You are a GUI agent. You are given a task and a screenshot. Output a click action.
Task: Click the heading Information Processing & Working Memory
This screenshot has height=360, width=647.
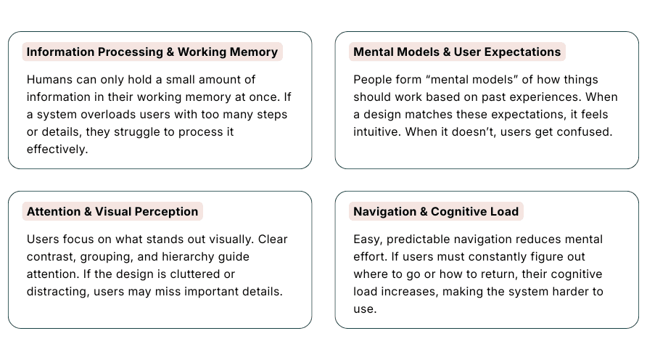(152, 52)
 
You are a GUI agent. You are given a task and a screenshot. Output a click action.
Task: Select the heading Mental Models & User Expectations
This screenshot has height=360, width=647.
(457, 52)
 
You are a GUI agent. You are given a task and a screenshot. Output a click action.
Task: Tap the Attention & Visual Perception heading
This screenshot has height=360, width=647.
(112, 212)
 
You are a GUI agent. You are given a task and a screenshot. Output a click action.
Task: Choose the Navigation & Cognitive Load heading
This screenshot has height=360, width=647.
(436, 212)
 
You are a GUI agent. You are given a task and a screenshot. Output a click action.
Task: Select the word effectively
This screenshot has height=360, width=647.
(58, 150)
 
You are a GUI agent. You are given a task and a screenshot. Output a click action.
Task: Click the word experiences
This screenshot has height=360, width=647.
(544, 97)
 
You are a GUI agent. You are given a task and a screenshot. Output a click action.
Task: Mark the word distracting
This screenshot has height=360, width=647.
(57, 292)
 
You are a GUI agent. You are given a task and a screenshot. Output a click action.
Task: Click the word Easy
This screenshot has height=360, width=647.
(367, 239)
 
